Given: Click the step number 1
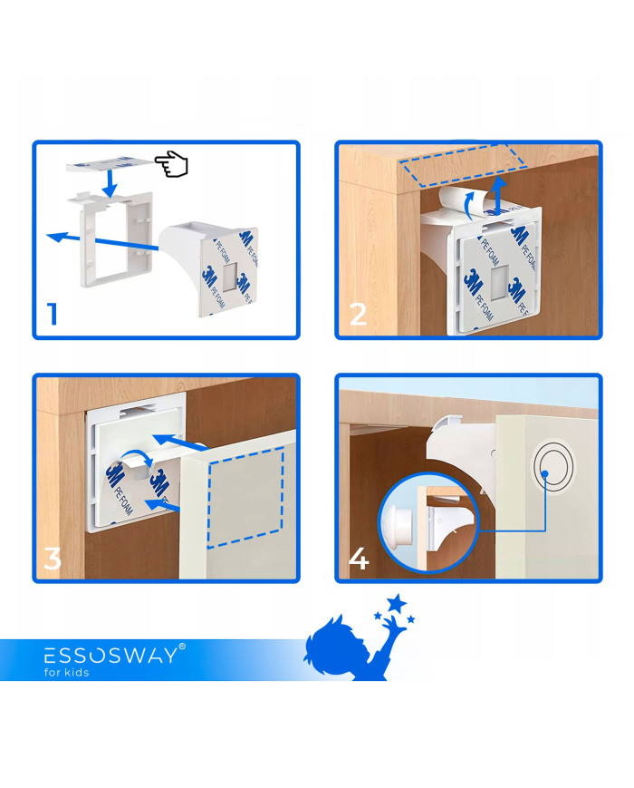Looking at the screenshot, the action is (53, 314).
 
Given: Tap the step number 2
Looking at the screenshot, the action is (358, 314).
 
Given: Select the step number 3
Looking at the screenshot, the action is (53, 559).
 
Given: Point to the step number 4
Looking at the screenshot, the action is (359, 559).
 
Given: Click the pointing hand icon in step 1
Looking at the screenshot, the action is (171, 163).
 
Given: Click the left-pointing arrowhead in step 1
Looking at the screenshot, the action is (55, 236).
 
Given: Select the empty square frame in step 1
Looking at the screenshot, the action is (115, 238).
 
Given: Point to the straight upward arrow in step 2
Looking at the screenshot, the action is (497, 196).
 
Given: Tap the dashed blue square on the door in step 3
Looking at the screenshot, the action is (245, 497).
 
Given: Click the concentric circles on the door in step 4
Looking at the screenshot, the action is (553, 469).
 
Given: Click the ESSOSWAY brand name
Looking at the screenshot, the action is (110, 656).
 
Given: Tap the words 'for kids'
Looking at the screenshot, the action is (66, 673).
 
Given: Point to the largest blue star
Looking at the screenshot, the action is (397, 602).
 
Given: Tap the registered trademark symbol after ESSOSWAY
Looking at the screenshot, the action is (182, 647).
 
